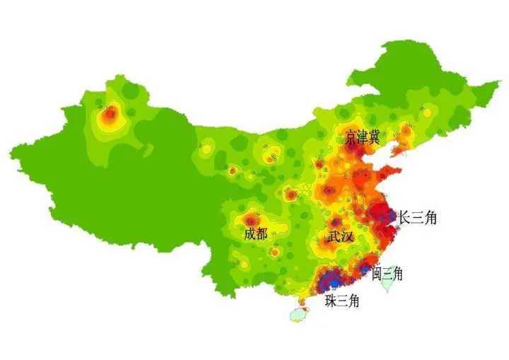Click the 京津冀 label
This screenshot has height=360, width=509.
point(363,139)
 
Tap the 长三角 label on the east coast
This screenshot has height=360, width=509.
point(417,218)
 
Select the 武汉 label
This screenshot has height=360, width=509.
point(339,236)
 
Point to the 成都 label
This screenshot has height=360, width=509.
point(256,233)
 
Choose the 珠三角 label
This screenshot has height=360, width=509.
point(342,301)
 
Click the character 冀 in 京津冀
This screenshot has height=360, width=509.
point(375,139)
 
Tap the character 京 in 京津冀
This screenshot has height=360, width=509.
point(351,139)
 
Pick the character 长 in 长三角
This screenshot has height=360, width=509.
point(405,218)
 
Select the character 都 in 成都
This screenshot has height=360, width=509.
point(262,233)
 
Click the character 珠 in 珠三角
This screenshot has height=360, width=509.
point(330,301)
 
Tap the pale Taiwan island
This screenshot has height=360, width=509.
point(388,281)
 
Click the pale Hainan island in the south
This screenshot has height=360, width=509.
point(300,314)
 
